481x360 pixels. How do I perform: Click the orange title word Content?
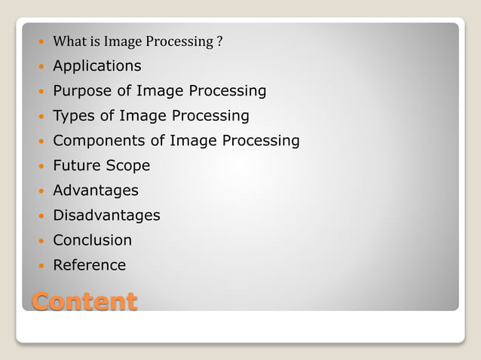click(x=84, y=301)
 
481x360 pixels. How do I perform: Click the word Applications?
click(x=97, y=66)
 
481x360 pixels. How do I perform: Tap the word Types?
click(x=72, y=116)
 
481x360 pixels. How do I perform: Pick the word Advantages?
click(x=95, y=191)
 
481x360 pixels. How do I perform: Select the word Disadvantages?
click(x=106, y=215)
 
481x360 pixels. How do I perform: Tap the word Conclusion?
click(x=92, y=240)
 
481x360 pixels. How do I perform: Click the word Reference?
click(x=89, y=265)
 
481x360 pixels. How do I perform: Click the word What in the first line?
click(x=66, y=41)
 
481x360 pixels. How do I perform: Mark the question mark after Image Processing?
click(x=219, y=41)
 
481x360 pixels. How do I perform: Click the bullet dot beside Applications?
click(x=41, y=67)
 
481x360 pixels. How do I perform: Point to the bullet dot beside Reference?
click(x=41, y=266)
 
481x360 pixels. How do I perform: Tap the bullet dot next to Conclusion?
click(x=41, y=241)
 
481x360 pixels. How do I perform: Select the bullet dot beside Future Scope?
click(x=41, y=166)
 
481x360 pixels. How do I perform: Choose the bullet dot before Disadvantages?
click(x=41, y=216)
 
